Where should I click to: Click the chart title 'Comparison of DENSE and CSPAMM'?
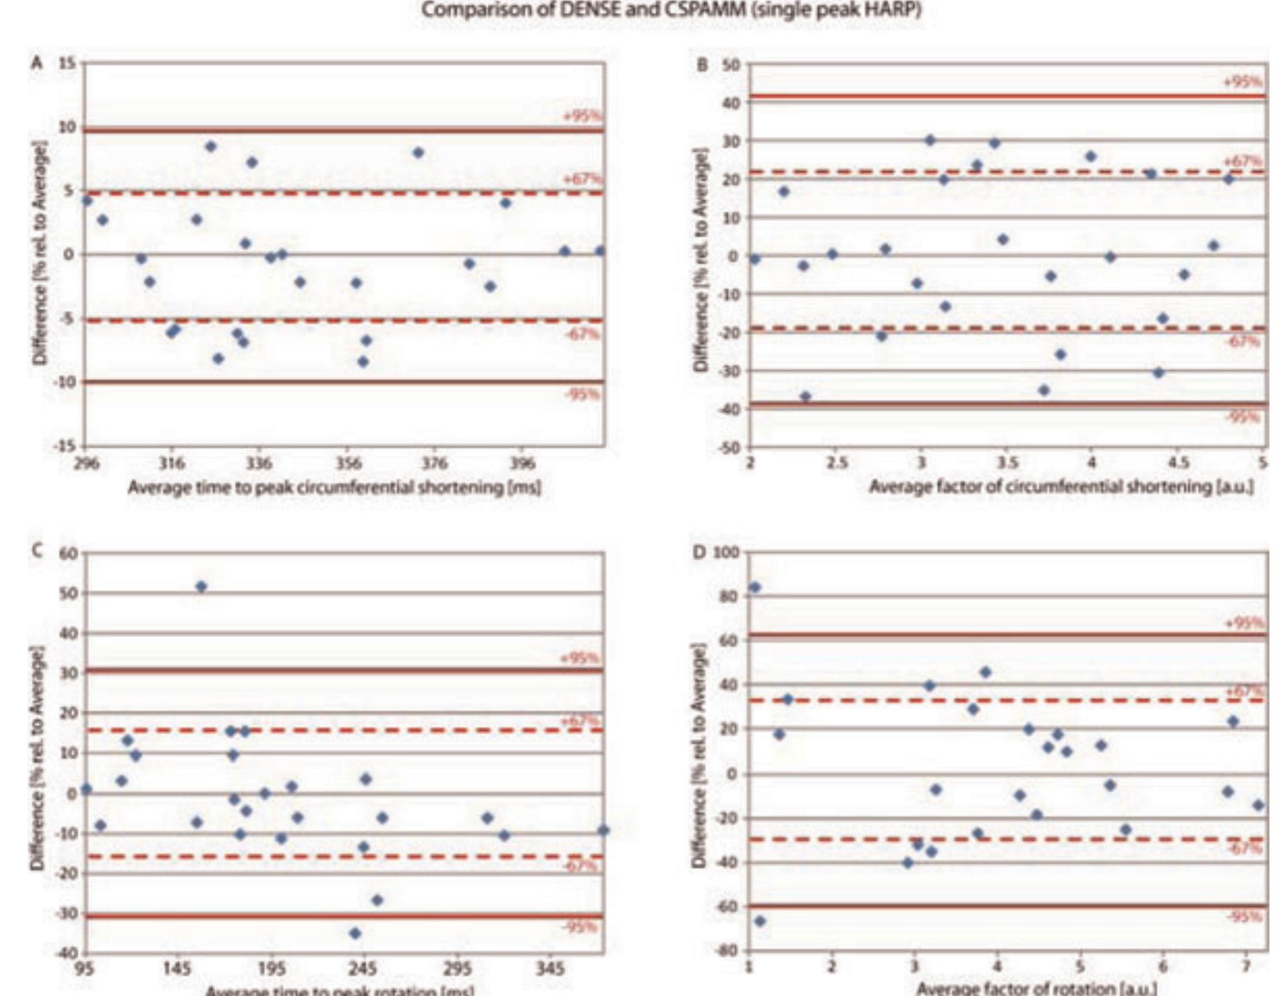tap(671, 11)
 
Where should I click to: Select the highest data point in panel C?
tap(202, 586)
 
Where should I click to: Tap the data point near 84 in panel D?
tap(755, 587)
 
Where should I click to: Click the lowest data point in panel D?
tap(760, 920)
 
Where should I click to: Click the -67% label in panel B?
tap(1243, 341)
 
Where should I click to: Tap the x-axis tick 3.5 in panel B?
tap(1007, 463)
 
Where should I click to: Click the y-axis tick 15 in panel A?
tap(68, 64)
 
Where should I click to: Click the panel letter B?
tap(702, 64)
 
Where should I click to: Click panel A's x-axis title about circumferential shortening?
tap(334, 487)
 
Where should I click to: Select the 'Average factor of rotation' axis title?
tap(1036, 988)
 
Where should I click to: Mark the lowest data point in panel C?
tap(355, 933)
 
